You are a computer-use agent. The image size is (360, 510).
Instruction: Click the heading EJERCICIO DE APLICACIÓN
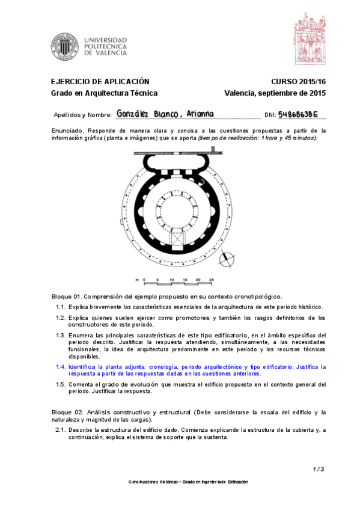pyautogui.click(x=99, y=82)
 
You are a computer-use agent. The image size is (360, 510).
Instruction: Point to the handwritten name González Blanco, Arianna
pyautogui.click(x=165, y=114)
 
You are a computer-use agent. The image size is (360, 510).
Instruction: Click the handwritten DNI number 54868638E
pyautogui.click(x=297, y=114)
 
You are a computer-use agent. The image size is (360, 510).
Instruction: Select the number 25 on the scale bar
pyautogui.click(x=211, y=280)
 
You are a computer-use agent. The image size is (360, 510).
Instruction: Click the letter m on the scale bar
pyautogui.click(x=136, y=280)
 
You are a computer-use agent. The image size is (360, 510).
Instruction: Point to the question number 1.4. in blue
pyautogui.click(x=61, y=366)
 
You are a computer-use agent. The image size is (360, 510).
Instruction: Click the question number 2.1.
pyautogui.click(x=61, y=430)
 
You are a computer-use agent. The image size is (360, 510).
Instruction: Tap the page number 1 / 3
pyautogui.click(x=319, y=469)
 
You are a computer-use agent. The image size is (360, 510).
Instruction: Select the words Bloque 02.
pyautogui.click(x=66, y=412)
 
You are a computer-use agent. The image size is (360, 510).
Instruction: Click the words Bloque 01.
pyautogui.click(x=66, y=296)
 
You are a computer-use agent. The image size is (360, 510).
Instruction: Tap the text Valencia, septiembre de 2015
pyautogui.click(x=274, y=93)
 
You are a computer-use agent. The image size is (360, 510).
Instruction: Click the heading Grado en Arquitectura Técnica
pyautogui.click(x=104, y=93)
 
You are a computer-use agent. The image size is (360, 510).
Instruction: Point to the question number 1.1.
pyautogui.click(x=61, y=307)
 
